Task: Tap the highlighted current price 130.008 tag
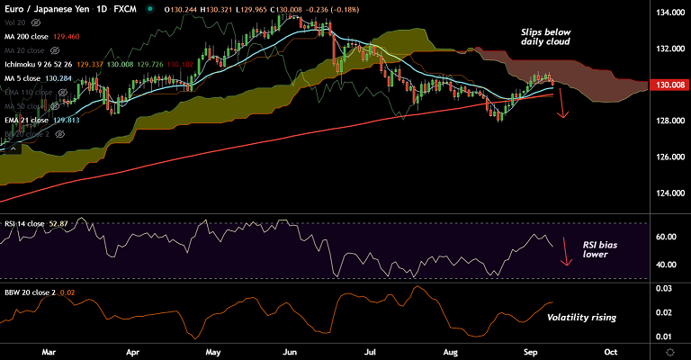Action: [669, 85]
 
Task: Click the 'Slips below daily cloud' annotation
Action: [546, 37]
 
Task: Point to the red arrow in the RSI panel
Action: [566, 252]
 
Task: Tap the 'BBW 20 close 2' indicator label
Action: [29, 291]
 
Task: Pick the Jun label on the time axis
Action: [291, 351]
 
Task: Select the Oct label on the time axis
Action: [611, 351]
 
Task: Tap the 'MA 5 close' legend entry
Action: [24, 77]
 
